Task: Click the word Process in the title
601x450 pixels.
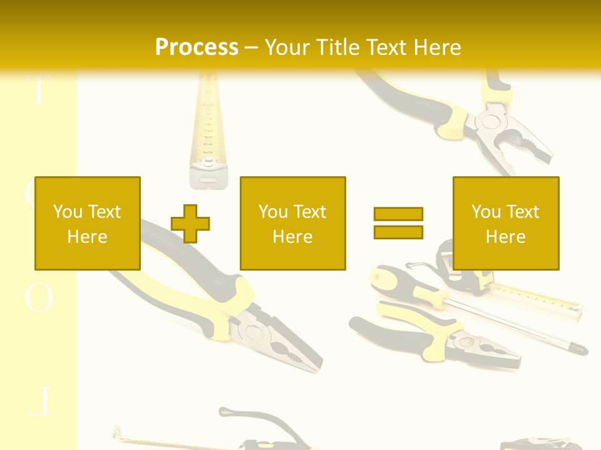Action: click(x=197, y=47)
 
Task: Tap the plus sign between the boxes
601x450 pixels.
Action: click(x=190, y=223)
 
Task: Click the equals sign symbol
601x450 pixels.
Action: click(x=398, y=223)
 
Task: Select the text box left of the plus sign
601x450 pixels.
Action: click(x=87, y=223)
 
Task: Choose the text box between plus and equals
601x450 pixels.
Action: click(x=292, y=223)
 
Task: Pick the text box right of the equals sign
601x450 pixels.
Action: click(x=505, y=223)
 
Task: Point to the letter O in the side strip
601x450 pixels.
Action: click(x=39, y=298)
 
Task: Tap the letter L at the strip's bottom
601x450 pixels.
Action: click(x=39, y=402)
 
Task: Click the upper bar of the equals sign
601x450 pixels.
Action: click(x=398, y=214)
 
